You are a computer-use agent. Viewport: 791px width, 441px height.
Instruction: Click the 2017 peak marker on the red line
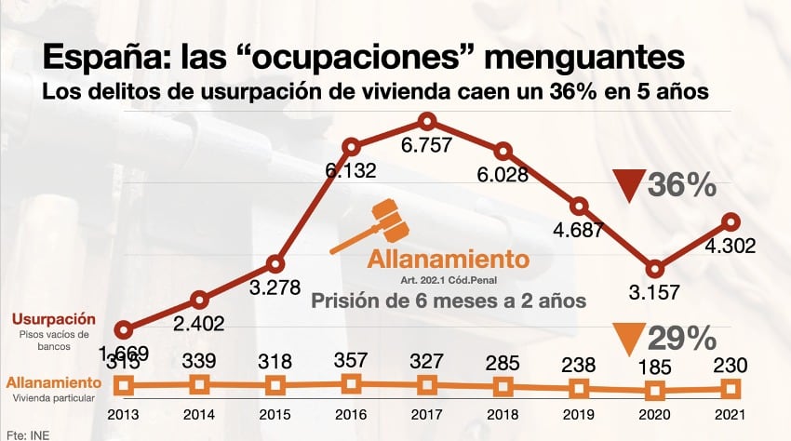(x=427, y=122)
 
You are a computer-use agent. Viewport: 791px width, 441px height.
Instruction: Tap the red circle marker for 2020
(x=655, y=268)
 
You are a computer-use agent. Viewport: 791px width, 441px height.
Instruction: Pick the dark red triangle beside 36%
(x=632, y=187)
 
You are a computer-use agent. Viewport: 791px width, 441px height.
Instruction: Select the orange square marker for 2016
(x=351, y=383)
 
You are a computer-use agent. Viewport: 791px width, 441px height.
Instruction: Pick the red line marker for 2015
(x=275, y=263)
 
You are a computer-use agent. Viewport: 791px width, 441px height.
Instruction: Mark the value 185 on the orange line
(x=655, y=364)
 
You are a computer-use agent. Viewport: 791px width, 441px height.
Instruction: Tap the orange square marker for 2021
(x=731, y=388)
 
